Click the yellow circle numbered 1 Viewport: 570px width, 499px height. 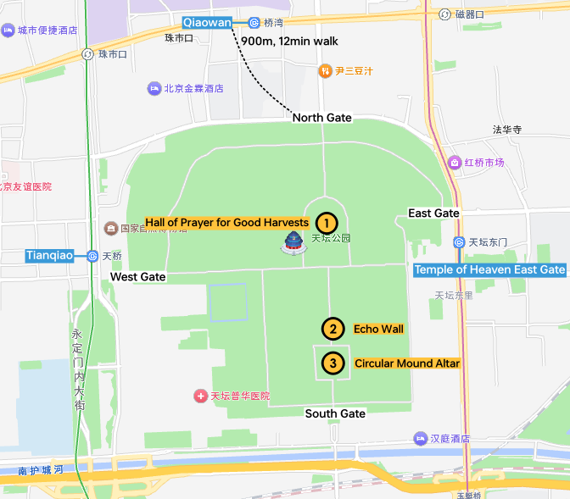click(325, 223)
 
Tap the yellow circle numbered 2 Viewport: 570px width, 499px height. click(333, 329)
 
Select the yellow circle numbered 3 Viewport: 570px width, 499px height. click(333, 363)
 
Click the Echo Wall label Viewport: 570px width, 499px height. click(378, 329)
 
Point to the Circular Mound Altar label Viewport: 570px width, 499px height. click(407, 363)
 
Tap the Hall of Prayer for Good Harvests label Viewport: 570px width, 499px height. click(226, 223)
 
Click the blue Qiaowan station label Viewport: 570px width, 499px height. click(207, 23)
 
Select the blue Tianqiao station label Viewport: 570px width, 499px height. click(50, 255)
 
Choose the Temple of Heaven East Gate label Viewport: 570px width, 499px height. click(489, 269)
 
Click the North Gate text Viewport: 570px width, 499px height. click(321, 118)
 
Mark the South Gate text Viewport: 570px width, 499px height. click(335, 413)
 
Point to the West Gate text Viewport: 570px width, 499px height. click(138, 277)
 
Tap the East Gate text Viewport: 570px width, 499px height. click(433, 213)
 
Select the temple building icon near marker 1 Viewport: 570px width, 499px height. click(293, 243)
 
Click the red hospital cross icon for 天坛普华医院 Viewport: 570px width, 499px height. click(200, 396)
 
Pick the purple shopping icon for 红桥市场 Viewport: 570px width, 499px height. click(455, 162)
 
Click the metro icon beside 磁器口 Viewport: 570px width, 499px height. click(444, 14)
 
